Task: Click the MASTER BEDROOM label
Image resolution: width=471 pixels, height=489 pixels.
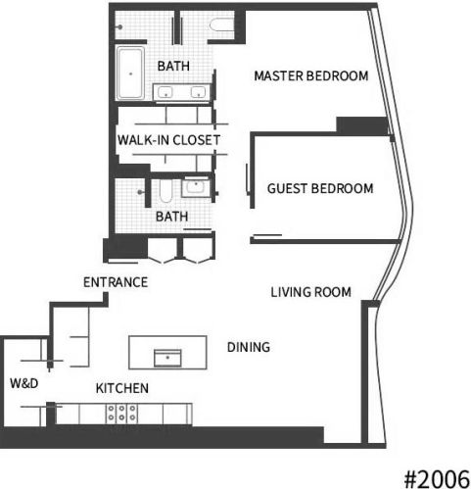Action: tap(311, 75)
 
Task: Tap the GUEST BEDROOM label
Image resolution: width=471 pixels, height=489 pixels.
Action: tap(320, 188)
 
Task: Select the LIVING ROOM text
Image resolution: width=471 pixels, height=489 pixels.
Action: tap(311, 292)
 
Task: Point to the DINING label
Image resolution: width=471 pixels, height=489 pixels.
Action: tap(249, 347)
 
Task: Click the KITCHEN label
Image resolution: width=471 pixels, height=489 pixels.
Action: tap(122, 388)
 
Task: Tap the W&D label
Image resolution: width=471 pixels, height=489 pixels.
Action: tap(24, 383)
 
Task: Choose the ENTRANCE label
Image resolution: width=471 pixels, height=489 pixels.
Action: tap(116, 282)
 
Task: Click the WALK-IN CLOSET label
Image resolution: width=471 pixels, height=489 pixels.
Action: tap(168, 140)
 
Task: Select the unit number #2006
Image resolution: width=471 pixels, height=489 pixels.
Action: tap(437, 479)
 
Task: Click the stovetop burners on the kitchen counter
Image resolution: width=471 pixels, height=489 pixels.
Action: tap(121, 413)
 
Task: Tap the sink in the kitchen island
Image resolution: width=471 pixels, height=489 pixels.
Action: tap(167, 358)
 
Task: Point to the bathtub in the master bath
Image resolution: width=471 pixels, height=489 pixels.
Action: tap(130, 73)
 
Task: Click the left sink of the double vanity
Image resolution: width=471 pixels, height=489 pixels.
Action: tap(165, 92)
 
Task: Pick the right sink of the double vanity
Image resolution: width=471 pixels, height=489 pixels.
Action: tap(198, 92)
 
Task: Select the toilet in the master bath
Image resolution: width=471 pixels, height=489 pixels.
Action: tap(222, 25)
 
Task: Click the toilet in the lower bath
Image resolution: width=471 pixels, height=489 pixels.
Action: tap(165, 191)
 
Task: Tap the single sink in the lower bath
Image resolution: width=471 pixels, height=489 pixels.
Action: tap(196, 187)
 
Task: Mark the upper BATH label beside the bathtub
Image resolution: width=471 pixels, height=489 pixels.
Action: tap(173, 66)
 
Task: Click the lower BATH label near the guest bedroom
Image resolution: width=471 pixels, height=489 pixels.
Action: tap(171, 217)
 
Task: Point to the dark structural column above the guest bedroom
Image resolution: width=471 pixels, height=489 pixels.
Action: tap(362, 125)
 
